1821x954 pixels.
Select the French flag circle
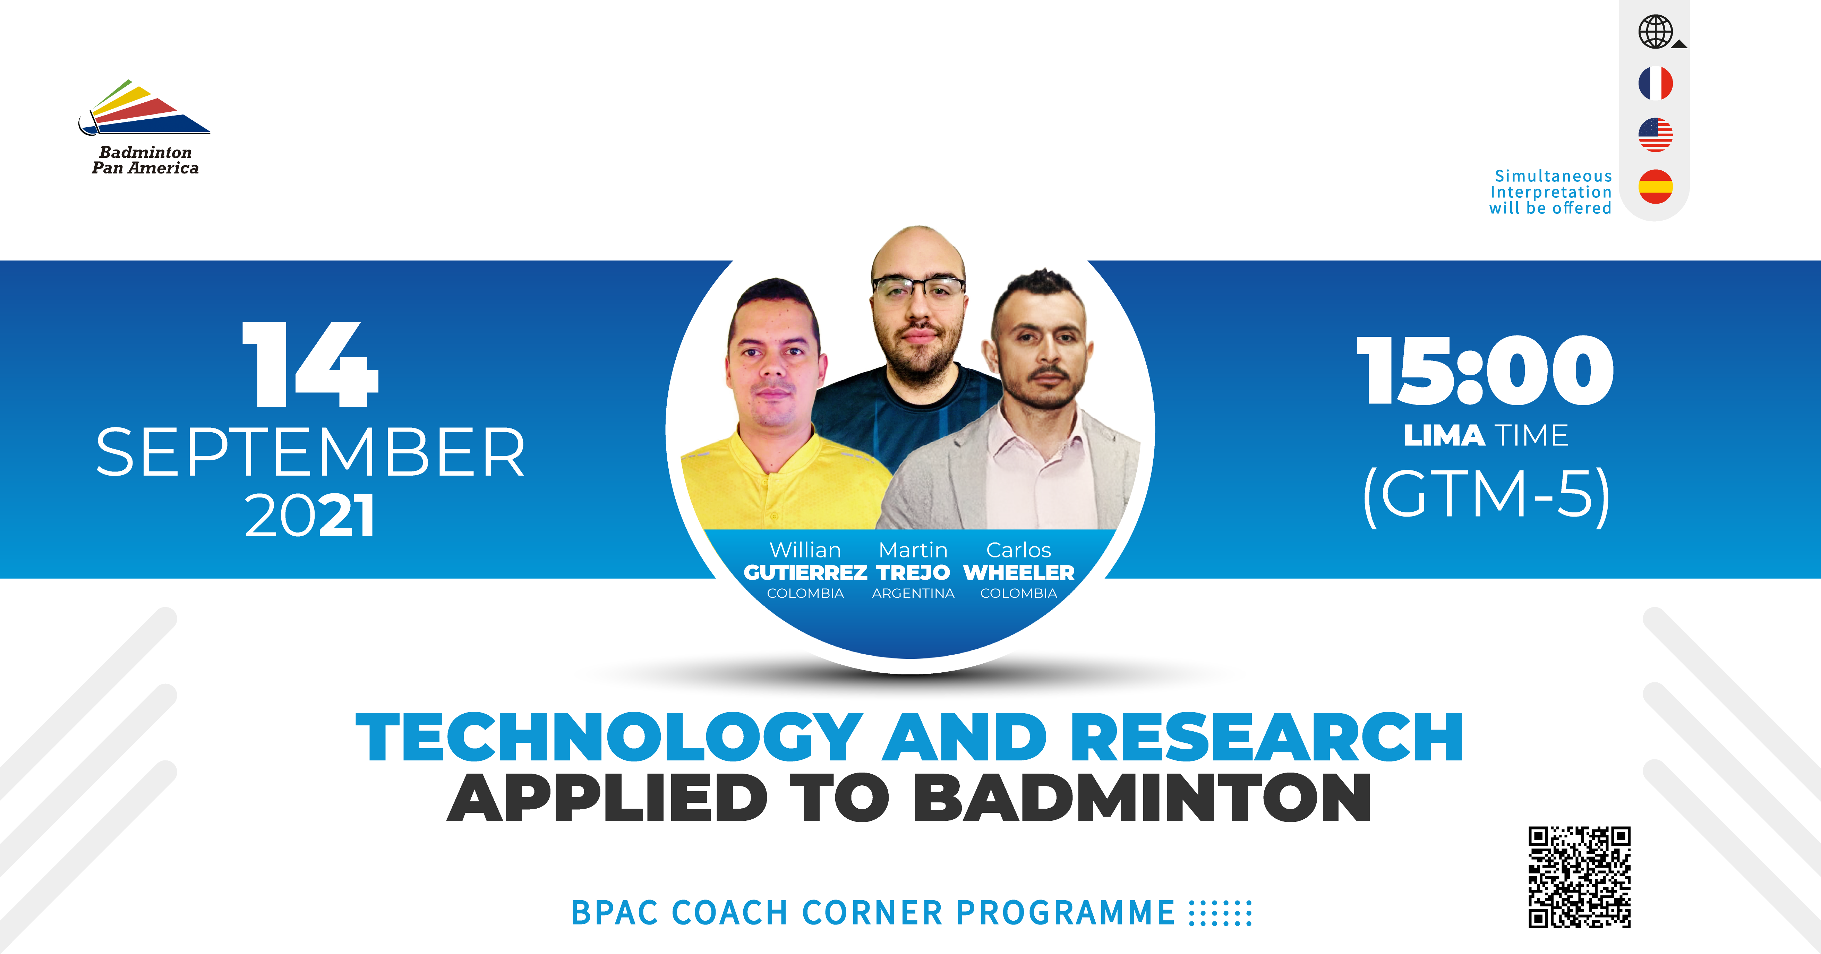(x=1656, y=84)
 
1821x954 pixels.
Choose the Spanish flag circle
(x=1656, y=187)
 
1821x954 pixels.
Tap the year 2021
(x=310, y=516)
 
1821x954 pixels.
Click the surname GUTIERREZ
(x=805, y=572)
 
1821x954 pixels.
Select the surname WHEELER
(x=1019, y=572)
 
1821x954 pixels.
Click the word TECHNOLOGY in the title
(x=609, y=738)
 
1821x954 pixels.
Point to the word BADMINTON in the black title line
(x=1142, y=798)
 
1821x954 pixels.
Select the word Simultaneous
(x=1553, y=176)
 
